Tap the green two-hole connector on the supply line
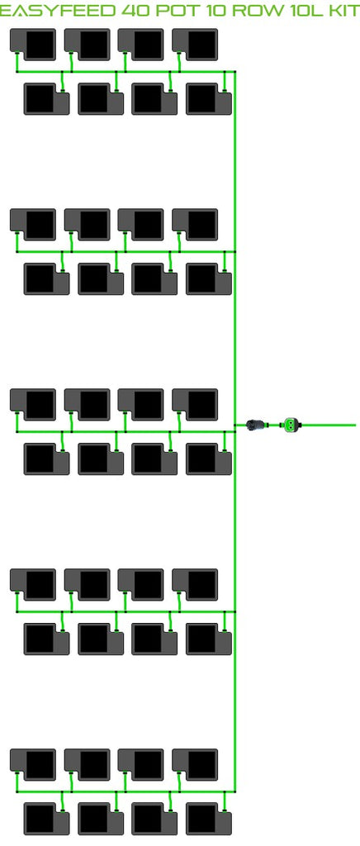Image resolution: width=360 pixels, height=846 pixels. coord(291,425)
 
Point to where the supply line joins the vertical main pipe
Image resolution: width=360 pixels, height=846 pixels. coord(235,425)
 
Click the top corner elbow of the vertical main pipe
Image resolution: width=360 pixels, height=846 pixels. coord(235,72)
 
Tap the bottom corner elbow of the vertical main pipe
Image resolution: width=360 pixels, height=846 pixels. coord(235,791)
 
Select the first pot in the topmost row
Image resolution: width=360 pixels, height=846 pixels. coord(33,45)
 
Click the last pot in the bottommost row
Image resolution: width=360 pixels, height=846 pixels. coord(209,819)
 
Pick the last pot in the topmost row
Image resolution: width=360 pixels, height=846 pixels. coord(195,45)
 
